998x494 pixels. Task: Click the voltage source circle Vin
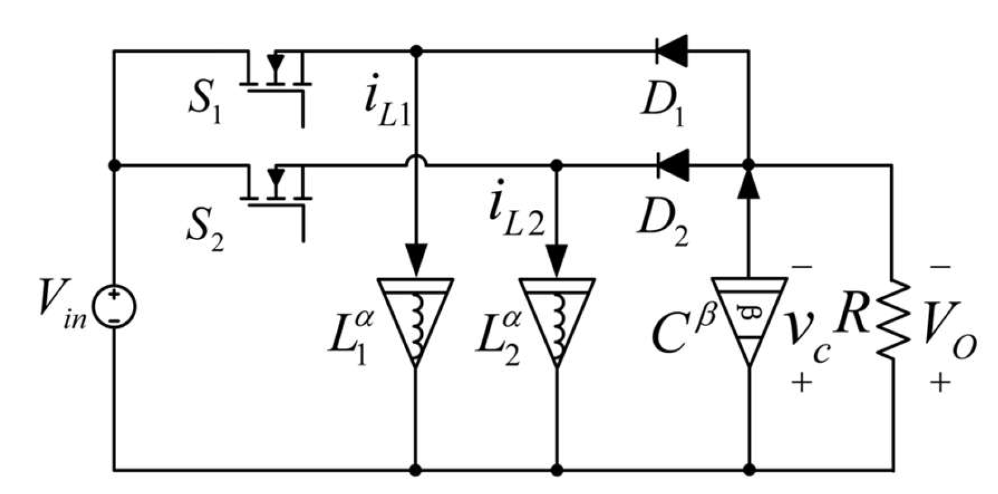[114, 307]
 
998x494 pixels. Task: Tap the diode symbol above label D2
[673, 165]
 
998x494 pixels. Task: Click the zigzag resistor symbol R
[892, 319]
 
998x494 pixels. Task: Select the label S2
[205, 234]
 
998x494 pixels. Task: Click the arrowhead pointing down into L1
[416, 260]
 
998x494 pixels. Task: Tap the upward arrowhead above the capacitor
[748, 183]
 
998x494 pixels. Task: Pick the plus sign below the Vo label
[940, 382]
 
